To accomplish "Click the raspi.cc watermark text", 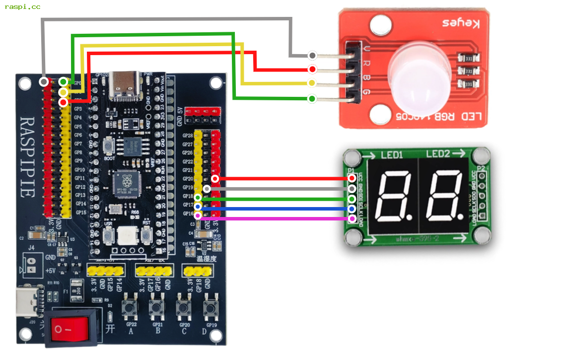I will tap(22, 7).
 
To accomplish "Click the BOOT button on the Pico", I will tap(110, 147).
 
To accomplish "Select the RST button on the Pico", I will tap(147, 234).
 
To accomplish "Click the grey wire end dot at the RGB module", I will tap(312, 55).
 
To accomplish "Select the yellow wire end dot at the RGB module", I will tap(312, 83).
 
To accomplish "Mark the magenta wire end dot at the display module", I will tap(352, 218).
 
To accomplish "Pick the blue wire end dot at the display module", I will tap(352, 209).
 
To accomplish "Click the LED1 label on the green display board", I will tap(392, 154).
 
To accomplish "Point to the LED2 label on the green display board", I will tap(437, 154).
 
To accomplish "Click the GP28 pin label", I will tap(187, 136).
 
